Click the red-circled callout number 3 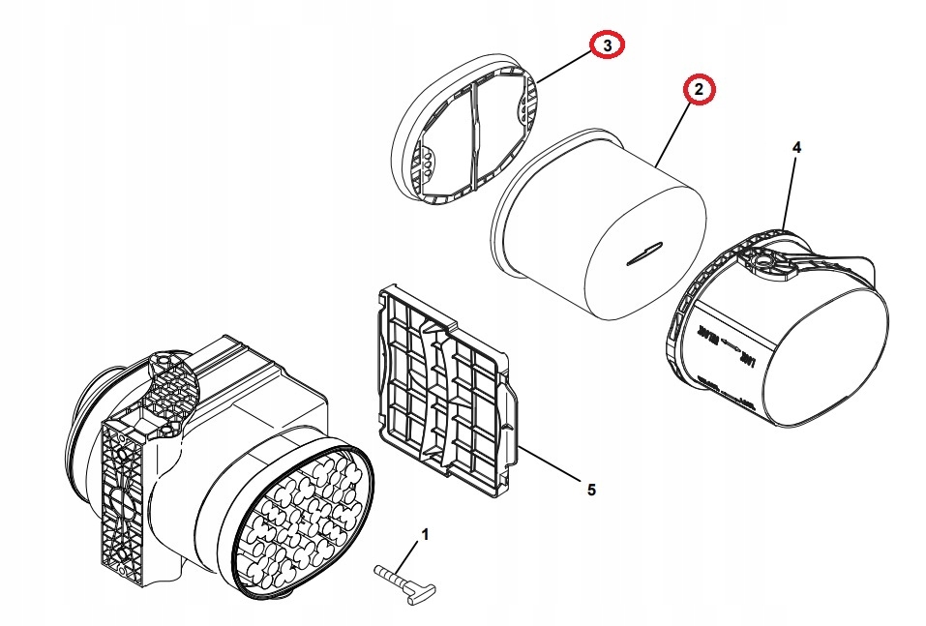coord(608,45)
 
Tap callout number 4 coord(796,147)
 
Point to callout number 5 coord(591,490)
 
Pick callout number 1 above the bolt coord(423,533)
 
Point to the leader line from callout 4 coord(790,194)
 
